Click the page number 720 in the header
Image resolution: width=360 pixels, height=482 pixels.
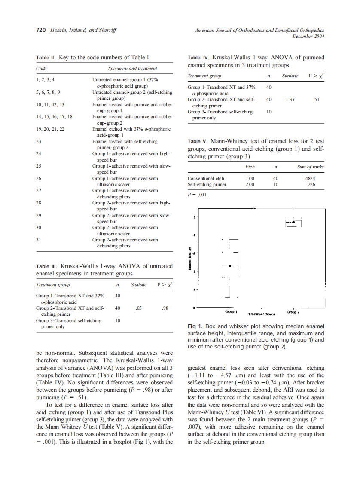point(41,30)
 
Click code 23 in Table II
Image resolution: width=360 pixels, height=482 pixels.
point(39,141)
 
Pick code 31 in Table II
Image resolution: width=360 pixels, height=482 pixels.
point(39,240)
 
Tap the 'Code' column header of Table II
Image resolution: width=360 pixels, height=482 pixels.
point(41,68)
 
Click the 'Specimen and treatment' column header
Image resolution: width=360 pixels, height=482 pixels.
point(132,68)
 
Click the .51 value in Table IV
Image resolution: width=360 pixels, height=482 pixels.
point(316,99)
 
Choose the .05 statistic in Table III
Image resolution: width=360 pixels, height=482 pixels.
point(138,308)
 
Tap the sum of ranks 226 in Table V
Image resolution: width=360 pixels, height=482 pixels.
point(311,185)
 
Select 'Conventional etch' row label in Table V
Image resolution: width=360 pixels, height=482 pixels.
point(206,178)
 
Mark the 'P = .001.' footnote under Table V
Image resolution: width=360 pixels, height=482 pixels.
point(198,195)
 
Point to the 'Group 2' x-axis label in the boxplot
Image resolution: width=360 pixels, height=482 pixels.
point(293,311)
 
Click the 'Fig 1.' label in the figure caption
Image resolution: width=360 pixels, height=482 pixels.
point(195,326)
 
